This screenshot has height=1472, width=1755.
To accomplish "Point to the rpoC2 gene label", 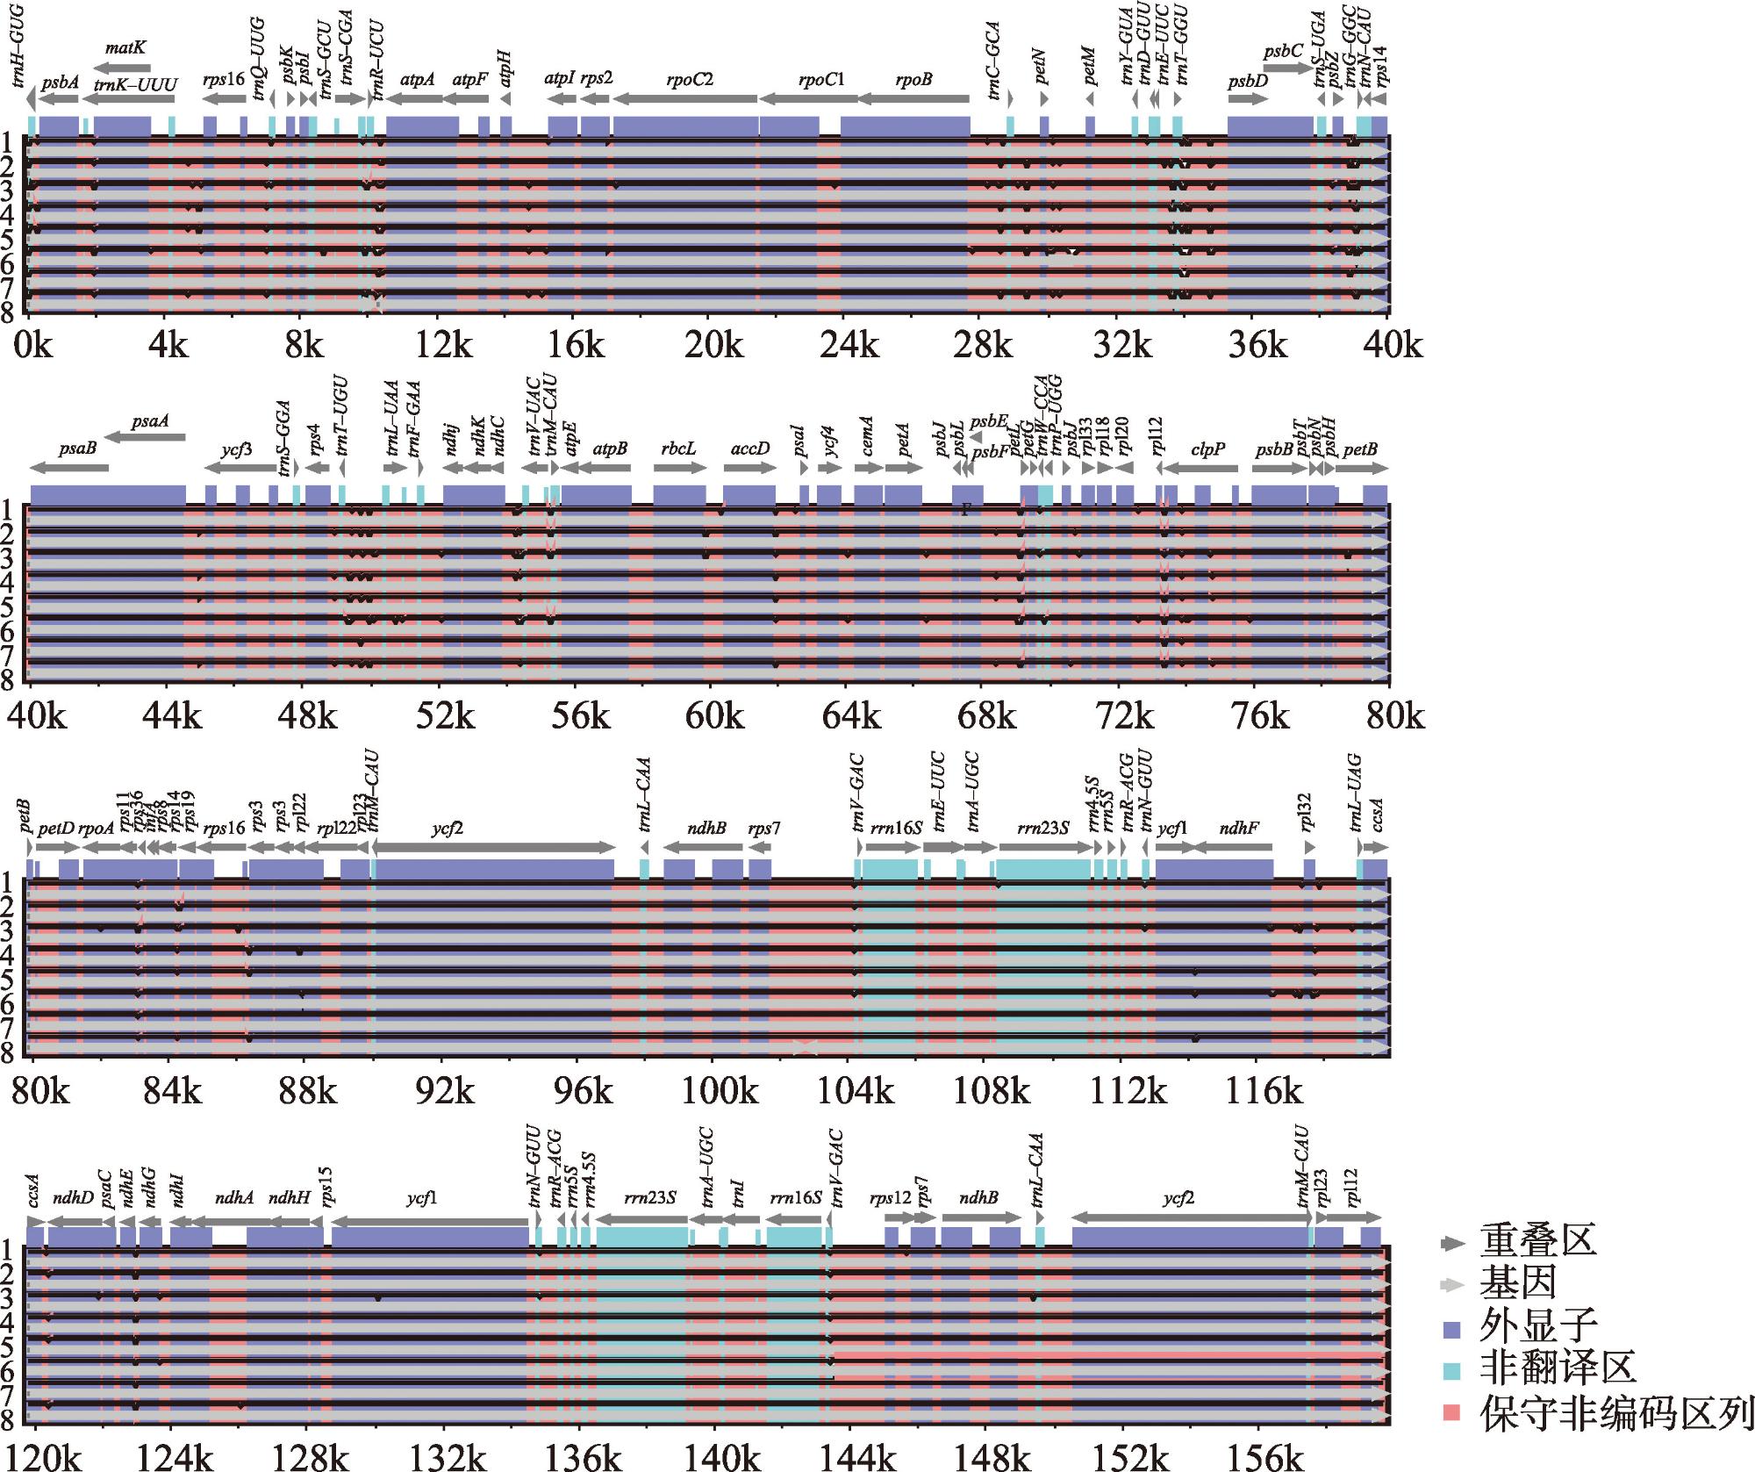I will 689,80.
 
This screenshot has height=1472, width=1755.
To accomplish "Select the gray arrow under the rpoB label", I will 913,99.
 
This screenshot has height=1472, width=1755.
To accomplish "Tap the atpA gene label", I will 417,80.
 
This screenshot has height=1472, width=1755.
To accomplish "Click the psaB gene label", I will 77,449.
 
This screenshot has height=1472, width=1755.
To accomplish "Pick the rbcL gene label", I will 679,449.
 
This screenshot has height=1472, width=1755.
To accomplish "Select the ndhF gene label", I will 1239,827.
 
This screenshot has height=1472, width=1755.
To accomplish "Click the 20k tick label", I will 713,347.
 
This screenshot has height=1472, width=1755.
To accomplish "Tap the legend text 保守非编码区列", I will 1615,1412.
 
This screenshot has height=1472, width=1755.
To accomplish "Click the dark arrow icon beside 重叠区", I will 1453,1243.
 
